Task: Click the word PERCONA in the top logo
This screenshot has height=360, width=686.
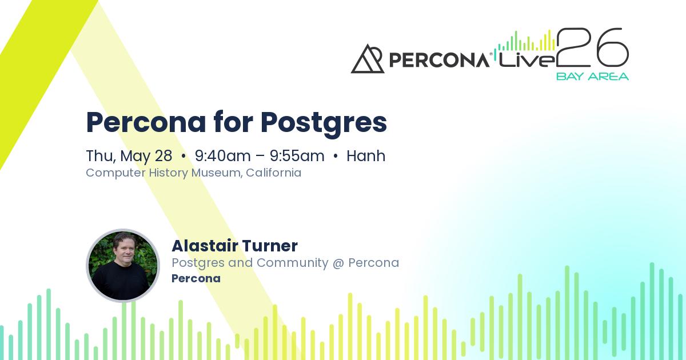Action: (438, 60)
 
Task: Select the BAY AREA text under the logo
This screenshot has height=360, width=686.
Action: (592, 77)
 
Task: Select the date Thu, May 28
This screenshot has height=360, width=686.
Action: (129, 156)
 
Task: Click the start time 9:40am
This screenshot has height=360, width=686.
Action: (223, 156)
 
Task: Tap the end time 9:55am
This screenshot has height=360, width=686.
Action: (297, 156)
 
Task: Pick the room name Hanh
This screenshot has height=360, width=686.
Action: (366, 156)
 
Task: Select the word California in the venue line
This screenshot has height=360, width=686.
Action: (274, 173)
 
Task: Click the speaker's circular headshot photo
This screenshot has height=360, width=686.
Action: (123, 266)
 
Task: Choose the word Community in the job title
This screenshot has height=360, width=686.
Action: (292, 263)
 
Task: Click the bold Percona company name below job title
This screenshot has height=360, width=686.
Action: (196, 279)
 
